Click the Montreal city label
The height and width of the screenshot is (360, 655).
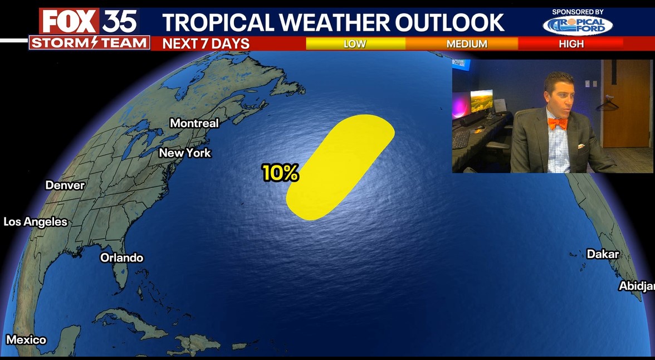click(x=194, y=123)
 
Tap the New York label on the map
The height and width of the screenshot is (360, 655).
click(x=185, y=153)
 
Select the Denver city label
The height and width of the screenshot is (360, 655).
click(x=65, y=185)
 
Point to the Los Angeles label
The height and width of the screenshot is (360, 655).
click(x=35, y=222)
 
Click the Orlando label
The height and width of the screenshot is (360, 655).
click(x=121, y=257)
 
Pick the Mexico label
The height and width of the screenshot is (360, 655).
click(x=26, y=339)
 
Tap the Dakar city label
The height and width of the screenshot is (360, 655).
click(x=603, y=254)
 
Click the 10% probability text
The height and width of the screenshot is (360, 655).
click(x=280, y=173)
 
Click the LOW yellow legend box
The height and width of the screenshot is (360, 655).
click(x=355, y=43)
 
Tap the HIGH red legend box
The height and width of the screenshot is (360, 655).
click(x=571, y=43)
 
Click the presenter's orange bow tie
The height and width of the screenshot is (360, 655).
click(x=556, y=123)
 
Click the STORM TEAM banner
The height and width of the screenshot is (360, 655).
click(x=90, y=42)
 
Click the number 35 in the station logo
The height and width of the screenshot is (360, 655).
click(x=119, y=22)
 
